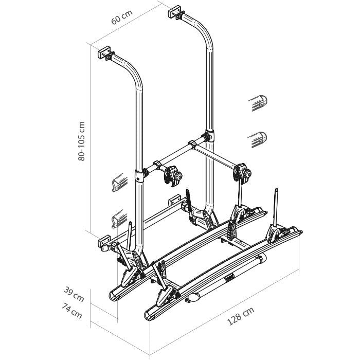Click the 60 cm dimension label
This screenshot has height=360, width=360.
(x=122, y=17)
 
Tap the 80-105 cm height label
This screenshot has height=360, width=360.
(x=81, y=141)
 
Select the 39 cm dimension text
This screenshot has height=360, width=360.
(x=74, y=294)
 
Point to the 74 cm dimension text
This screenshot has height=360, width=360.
(x=72, y=311)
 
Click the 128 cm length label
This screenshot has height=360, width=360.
(x=241, y=316)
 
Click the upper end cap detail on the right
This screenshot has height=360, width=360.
(x=258, y=103)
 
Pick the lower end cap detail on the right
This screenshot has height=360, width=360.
(x=257, y=139)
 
